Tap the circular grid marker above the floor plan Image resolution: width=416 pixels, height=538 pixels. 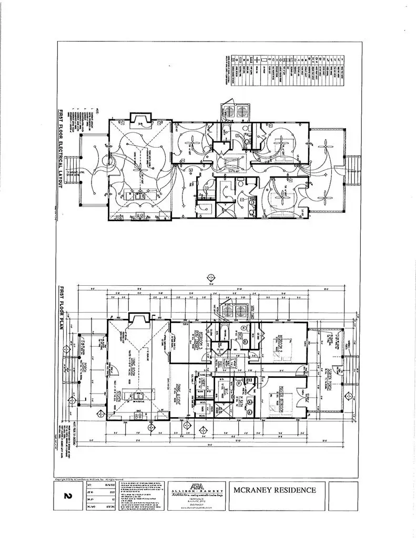click(x=211, y=277)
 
